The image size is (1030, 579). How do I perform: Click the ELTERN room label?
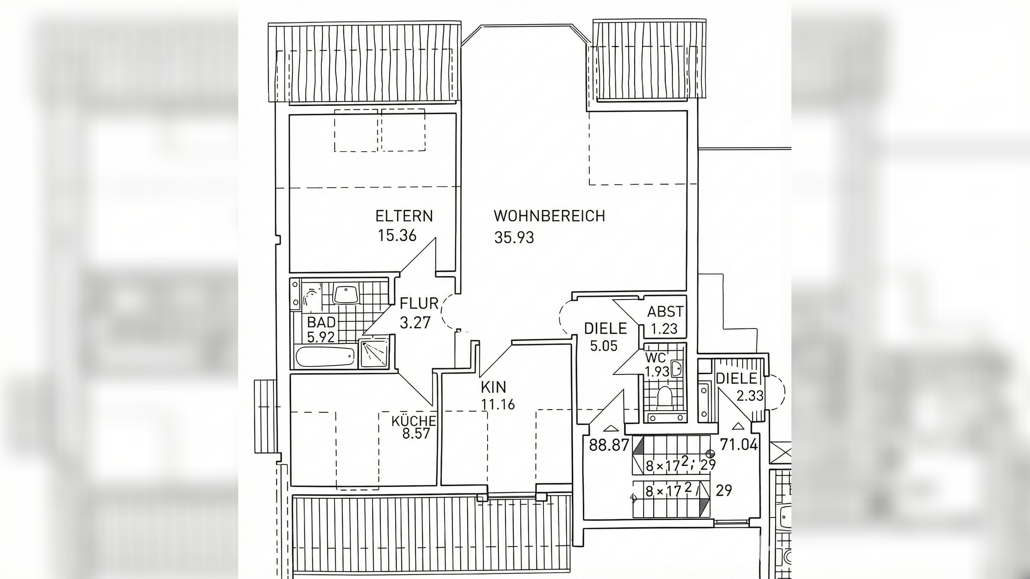404,216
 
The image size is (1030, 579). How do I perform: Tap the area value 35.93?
514,238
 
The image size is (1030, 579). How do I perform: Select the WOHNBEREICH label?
549,216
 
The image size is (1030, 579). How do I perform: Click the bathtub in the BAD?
325,356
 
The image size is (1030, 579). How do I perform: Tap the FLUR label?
419,304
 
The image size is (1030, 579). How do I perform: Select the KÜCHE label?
414,421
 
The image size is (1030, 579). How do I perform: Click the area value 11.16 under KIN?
498,404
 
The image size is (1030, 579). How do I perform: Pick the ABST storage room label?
665,312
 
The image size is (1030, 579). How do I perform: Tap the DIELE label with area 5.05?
606,329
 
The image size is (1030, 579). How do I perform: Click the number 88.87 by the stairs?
609,445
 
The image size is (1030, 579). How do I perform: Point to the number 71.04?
739,445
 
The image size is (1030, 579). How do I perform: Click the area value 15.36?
397,236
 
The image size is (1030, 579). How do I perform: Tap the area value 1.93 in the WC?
657,372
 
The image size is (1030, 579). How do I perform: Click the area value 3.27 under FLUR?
415,322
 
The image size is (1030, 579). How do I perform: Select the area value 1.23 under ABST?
664,329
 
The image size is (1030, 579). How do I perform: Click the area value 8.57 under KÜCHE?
416,433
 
